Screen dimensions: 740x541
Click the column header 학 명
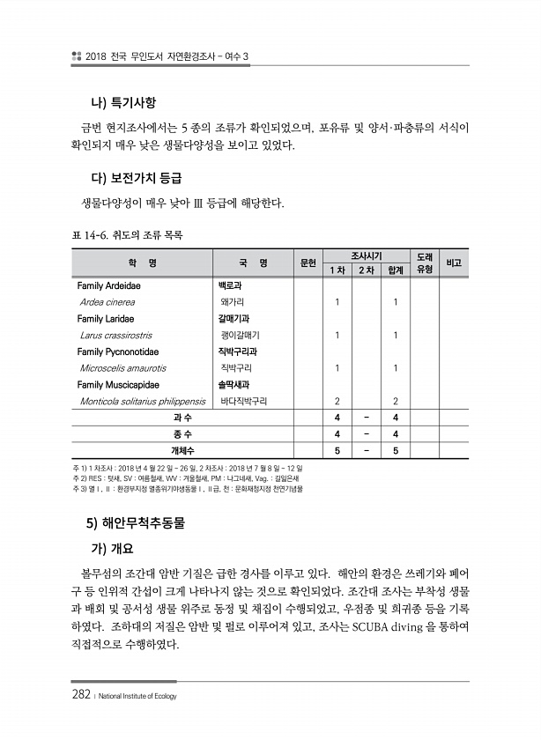pyautogui.click(x=143, y=263)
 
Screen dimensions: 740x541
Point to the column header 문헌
pyautogui.click(x=308, y=263)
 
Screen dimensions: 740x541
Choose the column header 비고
pyautogui.click(x=455, y=263)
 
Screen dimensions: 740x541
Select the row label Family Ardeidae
pyautogui.click(x=109, y=285)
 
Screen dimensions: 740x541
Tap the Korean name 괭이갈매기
pyautogui.click(x=240, y=335)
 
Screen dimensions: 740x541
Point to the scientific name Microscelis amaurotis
pyautogui.click(x=122, y=368)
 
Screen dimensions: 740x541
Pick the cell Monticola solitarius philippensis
pyautogui.click(x=142, y=401)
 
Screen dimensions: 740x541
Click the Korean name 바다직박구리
pyautogui.click(x=243, y=401)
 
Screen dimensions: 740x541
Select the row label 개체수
pyautogui.click(x=183, y=451)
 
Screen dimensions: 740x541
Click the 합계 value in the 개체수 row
pyautogui.click(x=396, y=451)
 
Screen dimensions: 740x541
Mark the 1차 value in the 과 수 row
pyautogui.click(x=338, y=418)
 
